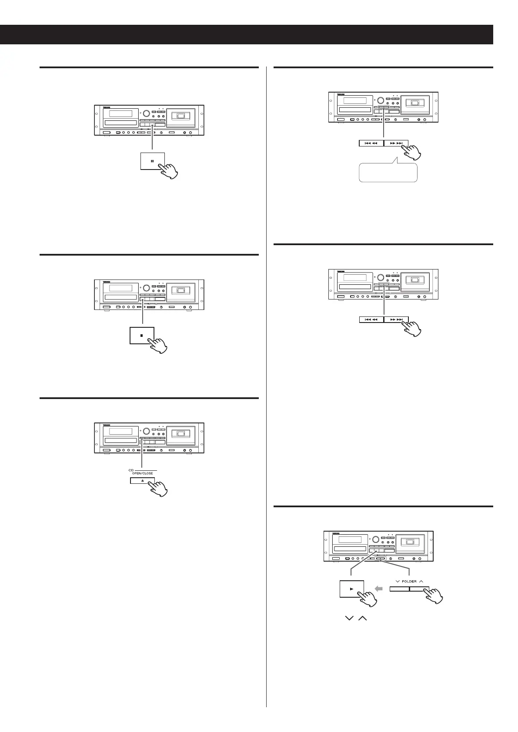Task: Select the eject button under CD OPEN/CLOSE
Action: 142,481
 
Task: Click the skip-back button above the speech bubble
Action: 371,143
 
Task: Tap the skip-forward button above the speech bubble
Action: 396,143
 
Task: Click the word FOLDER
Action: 409,581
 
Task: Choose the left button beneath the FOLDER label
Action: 399,589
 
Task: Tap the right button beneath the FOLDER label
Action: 419,589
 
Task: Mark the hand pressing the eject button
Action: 158,488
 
